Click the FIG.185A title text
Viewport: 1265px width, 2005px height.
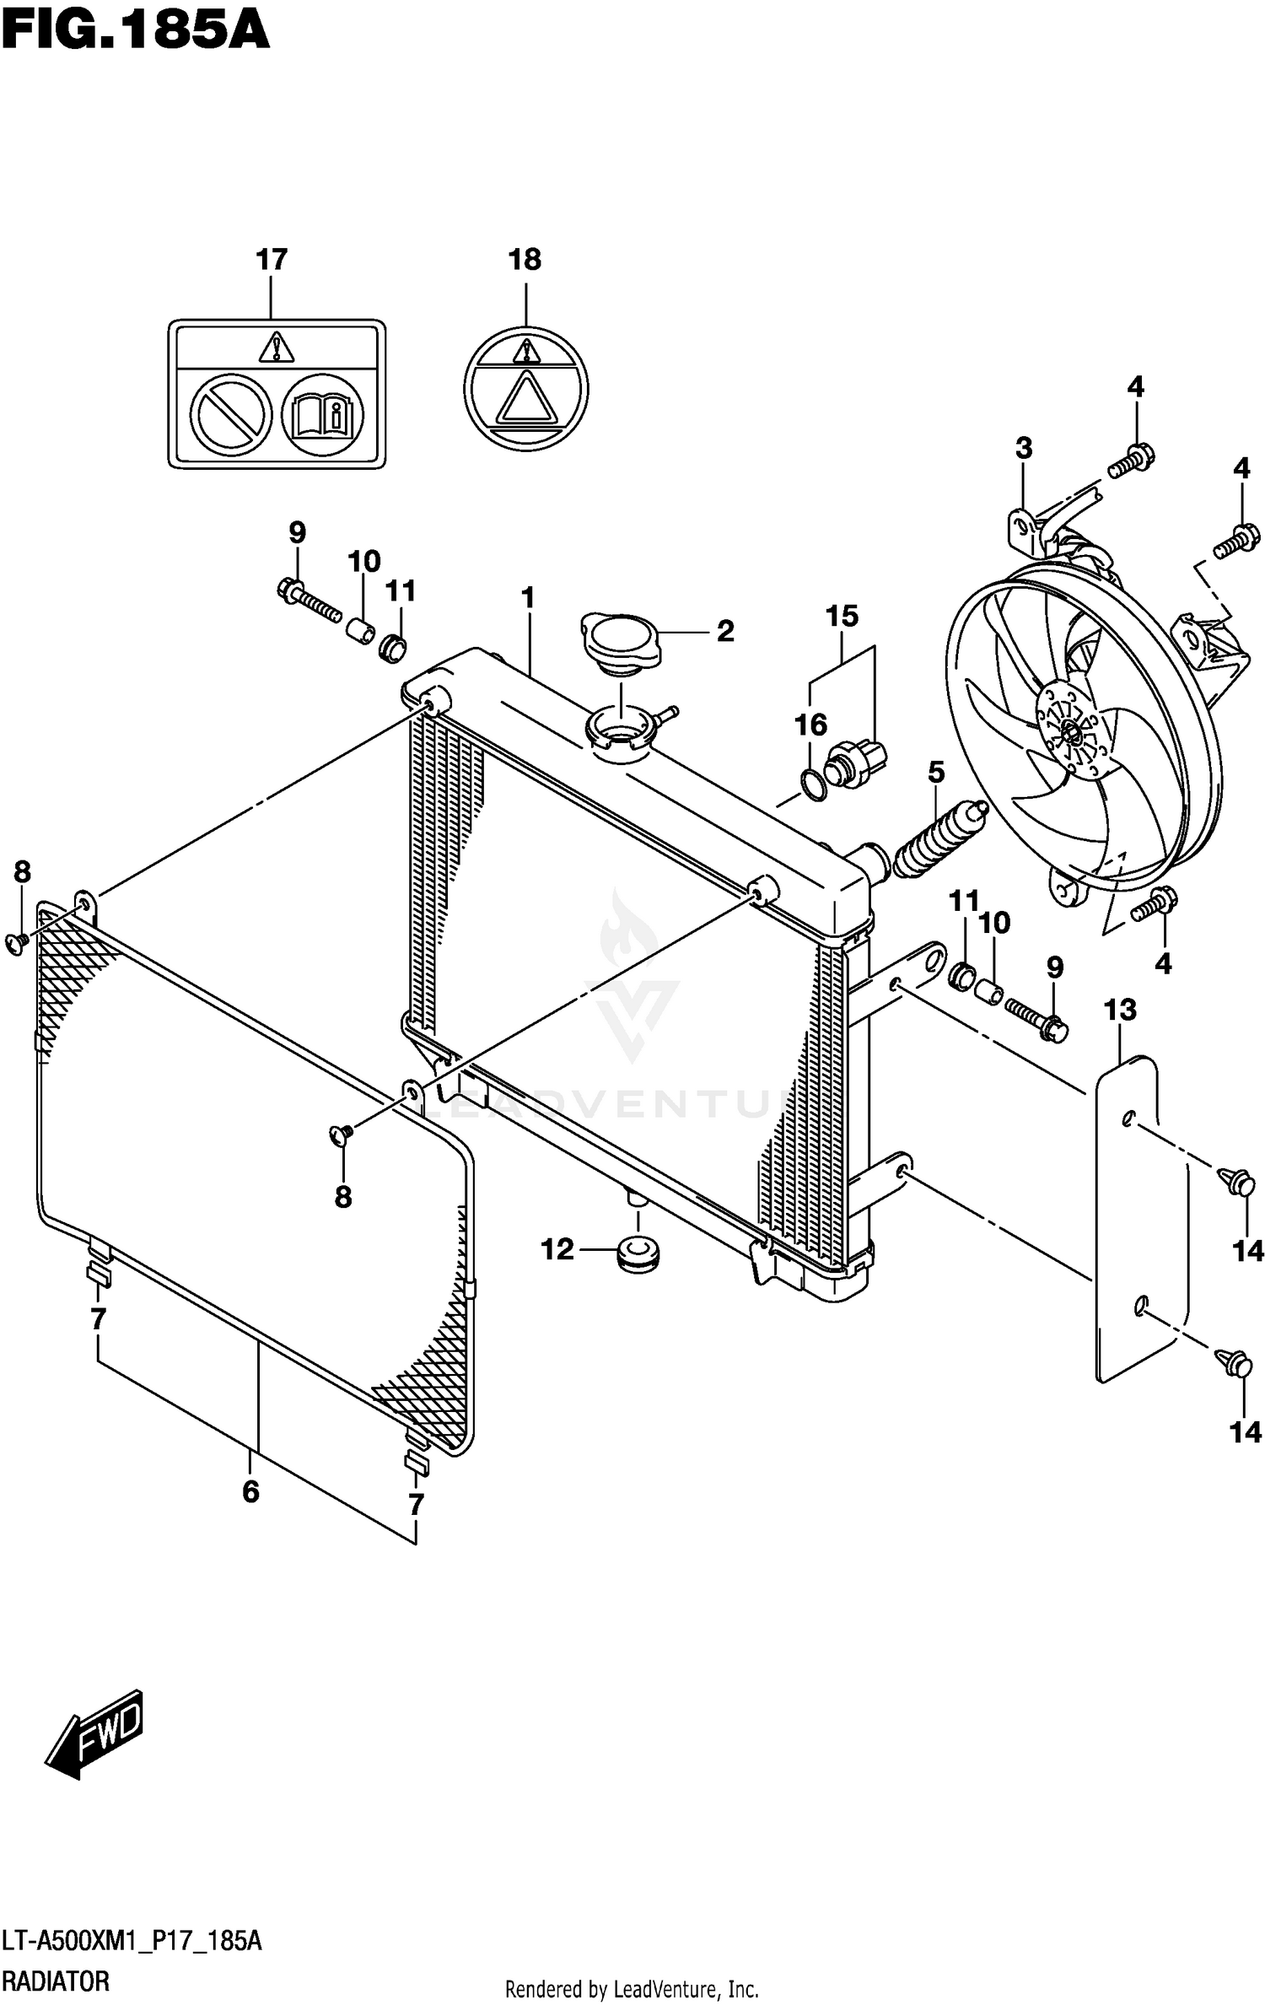[x=135, y=34]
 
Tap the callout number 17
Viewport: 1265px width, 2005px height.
[x=272, y=260]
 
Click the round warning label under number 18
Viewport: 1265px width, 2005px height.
[x=526, y=388]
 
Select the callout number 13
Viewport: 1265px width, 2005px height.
[x=1120, y=1010]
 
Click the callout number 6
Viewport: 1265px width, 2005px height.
[x=250, y=1492]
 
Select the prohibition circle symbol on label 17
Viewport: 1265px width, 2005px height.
[x=231, y=415]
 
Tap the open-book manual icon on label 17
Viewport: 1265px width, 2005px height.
[x=322, y=415]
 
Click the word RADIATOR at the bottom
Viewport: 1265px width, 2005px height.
[x=56, y=1982]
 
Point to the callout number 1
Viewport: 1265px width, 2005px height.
[x=528, y=599]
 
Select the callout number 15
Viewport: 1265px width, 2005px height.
[x=842, y=617]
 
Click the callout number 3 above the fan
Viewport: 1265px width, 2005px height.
[x=1023, y=448]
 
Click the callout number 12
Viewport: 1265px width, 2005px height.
[x=557, y=1249]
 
